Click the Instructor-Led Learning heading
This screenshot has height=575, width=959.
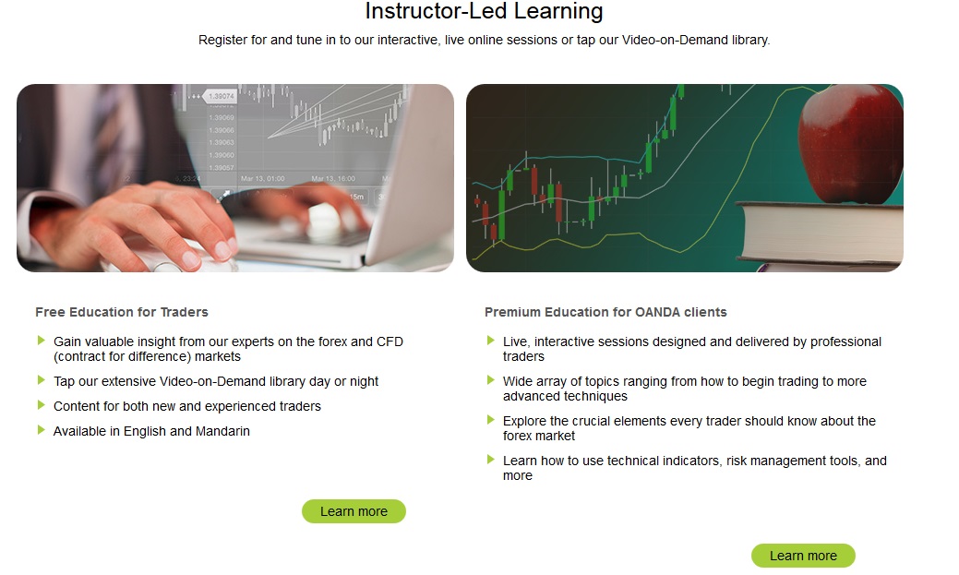[484, 11]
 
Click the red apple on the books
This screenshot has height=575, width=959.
[850, 144]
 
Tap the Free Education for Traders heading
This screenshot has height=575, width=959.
[122, 312]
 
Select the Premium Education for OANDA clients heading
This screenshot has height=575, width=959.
[605, 312]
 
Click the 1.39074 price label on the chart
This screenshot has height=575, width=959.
[221, 96]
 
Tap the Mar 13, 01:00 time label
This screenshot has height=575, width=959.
[262, 179]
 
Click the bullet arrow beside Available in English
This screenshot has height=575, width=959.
[41, 430]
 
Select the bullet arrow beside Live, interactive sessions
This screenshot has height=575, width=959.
[490, 340]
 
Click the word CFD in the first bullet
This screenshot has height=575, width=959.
[390, 341]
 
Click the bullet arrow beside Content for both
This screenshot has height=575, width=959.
[41, 405]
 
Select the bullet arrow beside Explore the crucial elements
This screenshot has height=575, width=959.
[490, 420]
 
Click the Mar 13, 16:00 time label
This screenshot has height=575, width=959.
[333, 179]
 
